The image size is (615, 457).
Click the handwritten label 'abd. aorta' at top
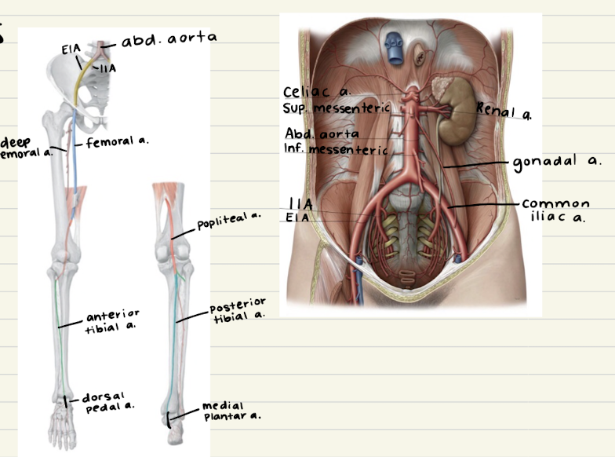tap(169, 37)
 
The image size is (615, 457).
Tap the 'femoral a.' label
tap(115, 142)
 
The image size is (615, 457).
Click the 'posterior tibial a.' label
tap(238, 309)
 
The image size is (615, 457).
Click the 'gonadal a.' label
tap(557, 161)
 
